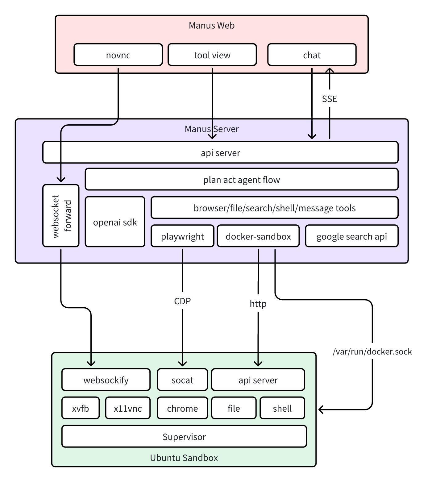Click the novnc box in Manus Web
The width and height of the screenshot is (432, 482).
tap(118, 55)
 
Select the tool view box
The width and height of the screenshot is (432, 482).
tap(212, 55)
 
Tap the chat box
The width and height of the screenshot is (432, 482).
tap(312, 55)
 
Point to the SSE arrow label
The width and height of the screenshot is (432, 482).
tap(329, 99)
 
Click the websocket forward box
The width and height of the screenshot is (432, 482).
tap(61, 216)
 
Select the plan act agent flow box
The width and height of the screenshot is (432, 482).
tap(241, 180)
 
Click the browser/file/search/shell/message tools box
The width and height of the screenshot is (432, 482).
tap(274, 208)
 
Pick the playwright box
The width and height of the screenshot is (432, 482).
tap(182, 236)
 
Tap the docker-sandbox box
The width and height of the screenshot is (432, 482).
tap(258, 236)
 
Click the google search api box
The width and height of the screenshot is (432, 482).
tap(351, 236)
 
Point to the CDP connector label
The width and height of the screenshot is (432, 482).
tap(182, 301)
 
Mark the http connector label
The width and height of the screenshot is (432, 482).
tap(258, 304)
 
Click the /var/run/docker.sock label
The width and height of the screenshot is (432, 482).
tap(372, 351)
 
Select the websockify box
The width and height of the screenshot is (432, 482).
tap(106, 380)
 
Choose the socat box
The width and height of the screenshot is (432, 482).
tap(182, 380)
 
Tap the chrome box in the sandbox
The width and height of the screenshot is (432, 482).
tap(182, 408)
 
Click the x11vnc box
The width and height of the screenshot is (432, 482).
tap(128, 408)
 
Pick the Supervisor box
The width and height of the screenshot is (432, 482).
tap(184, 437)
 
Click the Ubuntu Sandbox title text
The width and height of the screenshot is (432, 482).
tap(184, 458)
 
